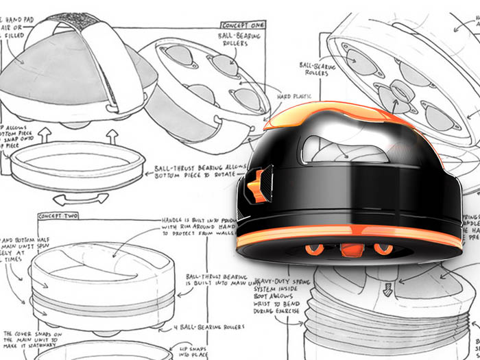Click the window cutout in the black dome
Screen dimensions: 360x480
point(335,146)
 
